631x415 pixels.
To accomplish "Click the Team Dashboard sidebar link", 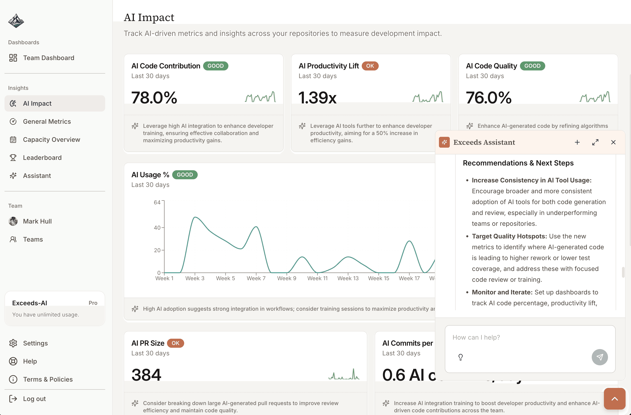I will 49,58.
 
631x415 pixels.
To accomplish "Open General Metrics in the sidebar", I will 47,121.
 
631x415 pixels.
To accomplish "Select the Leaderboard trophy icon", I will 13,158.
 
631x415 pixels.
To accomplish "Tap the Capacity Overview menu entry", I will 51,140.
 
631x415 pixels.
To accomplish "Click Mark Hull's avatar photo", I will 13,221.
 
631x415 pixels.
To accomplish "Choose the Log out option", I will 34,399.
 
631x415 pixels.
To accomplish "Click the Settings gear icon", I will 13,343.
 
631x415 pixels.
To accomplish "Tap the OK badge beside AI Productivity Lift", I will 370,66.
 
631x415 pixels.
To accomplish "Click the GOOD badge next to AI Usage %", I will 185,175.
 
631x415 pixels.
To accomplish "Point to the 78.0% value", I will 154,97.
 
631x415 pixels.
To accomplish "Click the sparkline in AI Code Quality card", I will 595,97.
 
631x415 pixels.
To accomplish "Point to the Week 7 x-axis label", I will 256,278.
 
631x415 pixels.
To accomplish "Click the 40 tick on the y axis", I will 157,228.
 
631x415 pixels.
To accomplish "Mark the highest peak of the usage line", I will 195,217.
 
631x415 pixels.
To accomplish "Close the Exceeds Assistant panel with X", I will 613,142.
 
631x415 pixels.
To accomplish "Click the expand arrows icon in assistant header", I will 595,142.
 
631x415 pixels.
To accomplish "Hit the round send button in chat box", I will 599,357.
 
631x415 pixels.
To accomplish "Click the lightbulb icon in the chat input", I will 461,357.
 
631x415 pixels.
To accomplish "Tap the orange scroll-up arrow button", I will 614,399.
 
